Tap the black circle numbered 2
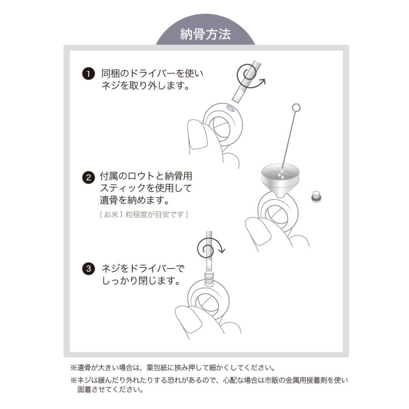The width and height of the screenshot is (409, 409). (88, 177)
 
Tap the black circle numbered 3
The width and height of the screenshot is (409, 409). (88, 269)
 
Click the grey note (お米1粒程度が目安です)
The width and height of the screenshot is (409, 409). (143, 214)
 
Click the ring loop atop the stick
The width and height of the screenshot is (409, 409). (296, 108)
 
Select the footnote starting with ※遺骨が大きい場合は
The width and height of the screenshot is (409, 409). (173, 368)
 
